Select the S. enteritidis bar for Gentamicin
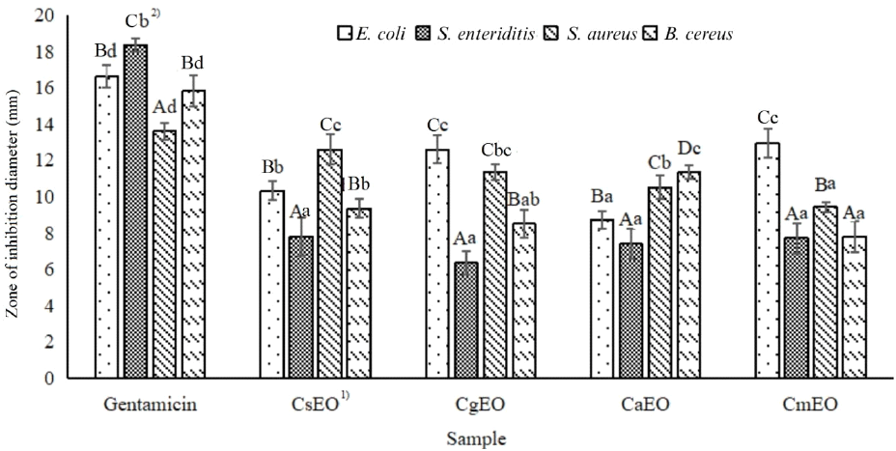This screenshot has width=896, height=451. tap(135, 211)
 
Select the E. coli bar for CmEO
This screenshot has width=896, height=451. tap(768, 261)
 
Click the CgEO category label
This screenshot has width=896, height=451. tap(480, 404)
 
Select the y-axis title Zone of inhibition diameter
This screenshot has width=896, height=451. tap(14, 197)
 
